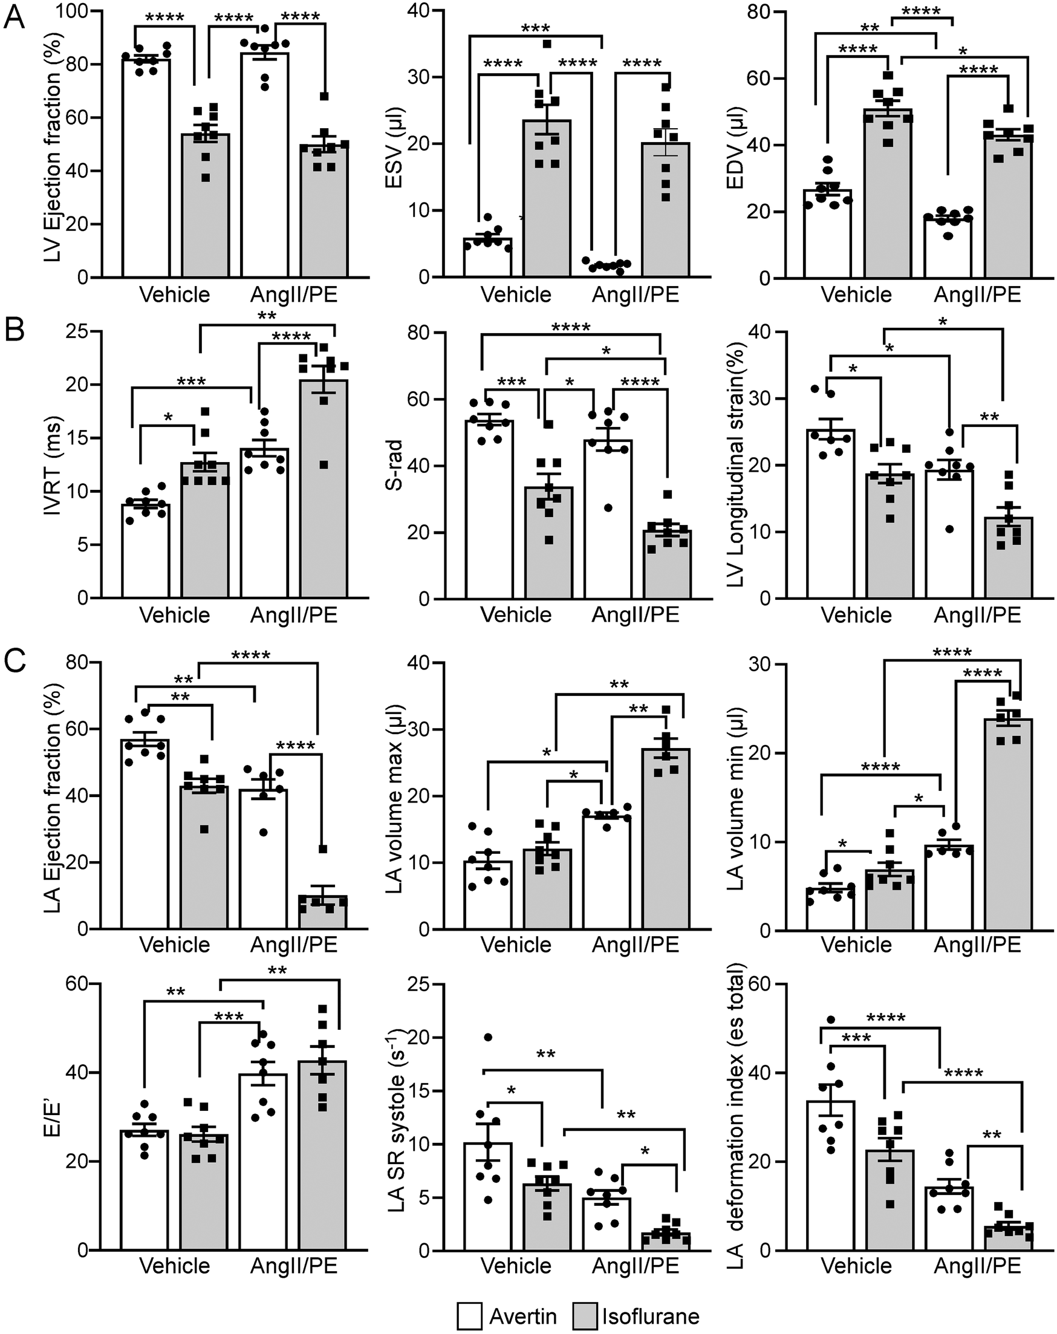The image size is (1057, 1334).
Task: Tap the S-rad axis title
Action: (394, 464)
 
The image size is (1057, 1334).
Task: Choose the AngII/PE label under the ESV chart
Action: (636, 294)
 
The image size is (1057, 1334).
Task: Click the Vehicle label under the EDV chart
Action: (856, 294)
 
